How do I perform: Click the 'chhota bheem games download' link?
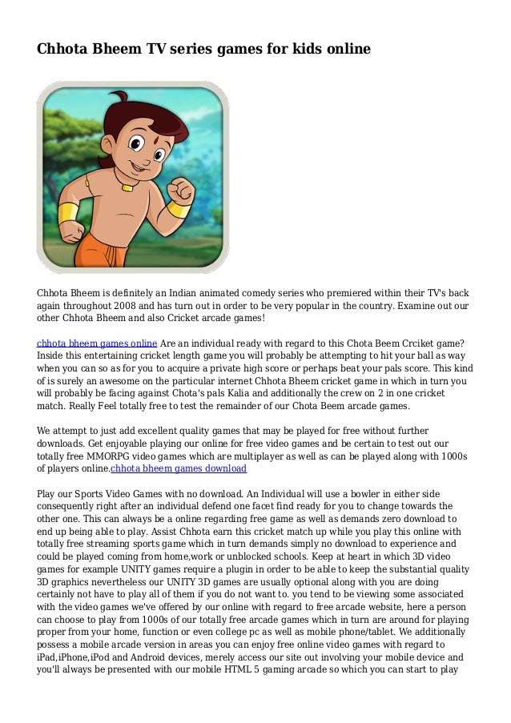click(179, 468)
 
